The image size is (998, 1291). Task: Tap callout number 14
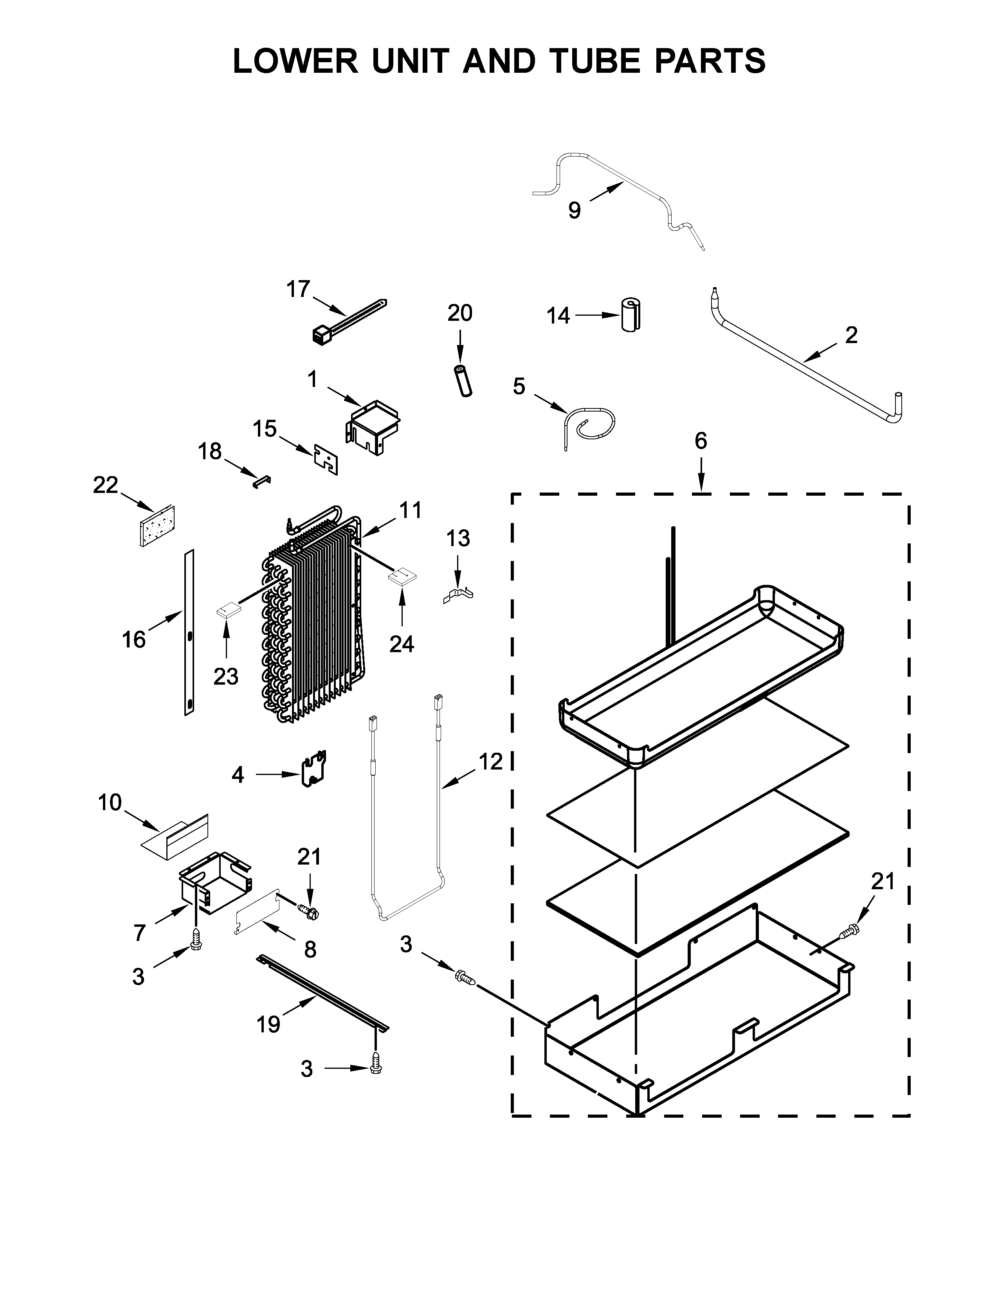[x=558, y=316]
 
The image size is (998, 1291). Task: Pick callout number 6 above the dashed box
[x=701, y=441]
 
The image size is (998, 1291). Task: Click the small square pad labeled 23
[x=228, y=609]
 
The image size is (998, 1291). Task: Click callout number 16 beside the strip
[x=133, y=640]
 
